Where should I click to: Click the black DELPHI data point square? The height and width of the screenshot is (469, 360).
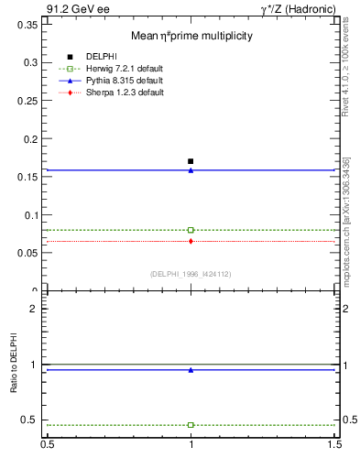tap(191, 161)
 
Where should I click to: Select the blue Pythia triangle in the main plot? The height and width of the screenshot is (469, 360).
tap(191, 170)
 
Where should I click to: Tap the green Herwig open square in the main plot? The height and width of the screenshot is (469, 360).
tap(191, 230)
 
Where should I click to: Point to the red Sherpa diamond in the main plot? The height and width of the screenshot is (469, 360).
tap(191, 241)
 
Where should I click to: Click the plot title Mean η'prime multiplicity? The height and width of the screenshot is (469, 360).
tap(191, 36)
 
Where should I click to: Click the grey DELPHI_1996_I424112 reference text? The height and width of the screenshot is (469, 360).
tap(191, 274)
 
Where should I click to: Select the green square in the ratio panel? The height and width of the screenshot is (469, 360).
tap(191, 425)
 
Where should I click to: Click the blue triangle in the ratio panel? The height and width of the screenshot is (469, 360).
tap(191, 370)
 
